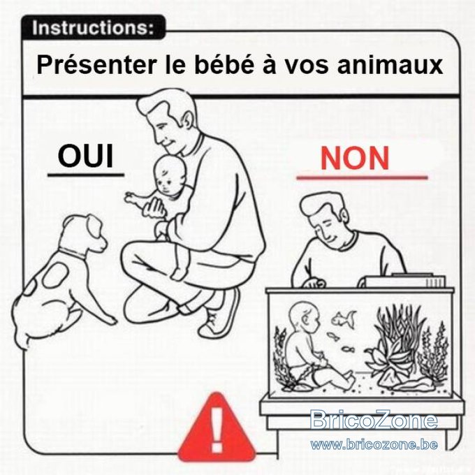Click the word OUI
85,156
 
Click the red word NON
354,158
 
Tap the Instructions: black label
94,27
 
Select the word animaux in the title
390,65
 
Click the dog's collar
73,254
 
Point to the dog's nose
105,243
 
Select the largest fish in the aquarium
344,319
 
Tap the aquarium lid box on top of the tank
405,281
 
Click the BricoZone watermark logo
374,420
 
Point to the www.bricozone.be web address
374,445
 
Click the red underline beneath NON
362,177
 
